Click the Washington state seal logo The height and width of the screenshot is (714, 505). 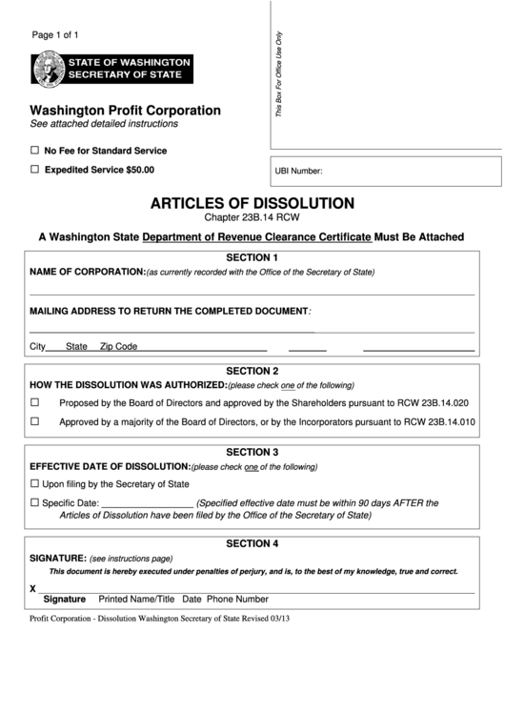coord(46,69)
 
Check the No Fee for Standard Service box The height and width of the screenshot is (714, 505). coord(35,151)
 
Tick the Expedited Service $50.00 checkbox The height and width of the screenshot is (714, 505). coord(35,170)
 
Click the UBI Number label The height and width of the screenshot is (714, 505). coord(298,173)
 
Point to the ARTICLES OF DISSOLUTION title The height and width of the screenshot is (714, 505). coord(252,203)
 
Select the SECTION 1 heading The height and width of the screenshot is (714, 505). coord(252,257)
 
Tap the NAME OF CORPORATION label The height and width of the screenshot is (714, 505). coord(87,272)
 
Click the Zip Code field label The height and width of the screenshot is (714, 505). coord(119,347)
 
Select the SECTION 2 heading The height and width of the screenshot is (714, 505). coord(252,371)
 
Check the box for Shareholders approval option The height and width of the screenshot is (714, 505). coord(35,402)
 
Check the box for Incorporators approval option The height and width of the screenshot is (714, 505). coord(35,420)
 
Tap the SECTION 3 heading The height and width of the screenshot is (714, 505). coord(252,452)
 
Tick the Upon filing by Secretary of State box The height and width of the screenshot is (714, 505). coord(35,484)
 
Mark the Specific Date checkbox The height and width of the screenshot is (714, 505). coord(35,502)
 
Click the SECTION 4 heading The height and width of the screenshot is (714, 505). coord(252,543)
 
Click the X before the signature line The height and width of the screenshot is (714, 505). coord(33,588)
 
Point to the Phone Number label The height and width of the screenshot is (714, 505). coord(237,600)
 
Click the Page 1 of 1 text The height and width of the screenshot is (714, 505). coord(55,35)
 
